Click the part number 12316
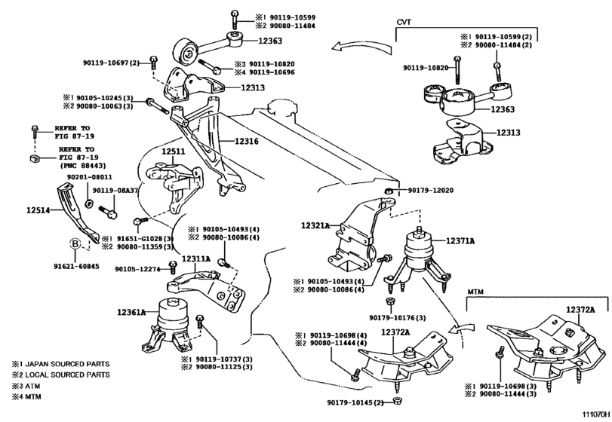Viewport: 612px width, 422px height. pyautogui.click(x=246, y=141)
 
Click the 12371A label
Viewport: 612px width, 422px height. pyautogui.click(x=459, y=241)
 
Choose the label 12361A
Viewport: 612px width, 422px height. pyautogui.click(x=132, y=312)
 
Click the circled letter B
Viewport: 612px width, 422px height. pyautogui.click(x=75, y=243)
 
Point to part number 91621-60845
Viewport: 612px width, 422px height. pyautogui.click(x=75, y=265)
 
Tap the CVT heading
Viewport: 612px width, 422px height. pyautogui.click(x=405, y=23)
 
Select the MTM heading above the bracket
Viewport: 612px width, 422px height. pyautogui.click(x=475, y=289)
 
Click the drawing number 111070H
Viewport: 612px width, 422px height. pyautogui.click(x=592, y=414)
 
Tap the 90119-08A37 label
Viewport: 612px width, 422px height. pyautogui.click(x=114, y=191)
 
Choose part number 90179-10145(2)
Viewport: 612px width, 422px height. pyautogui.click(x=355, y=403)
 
